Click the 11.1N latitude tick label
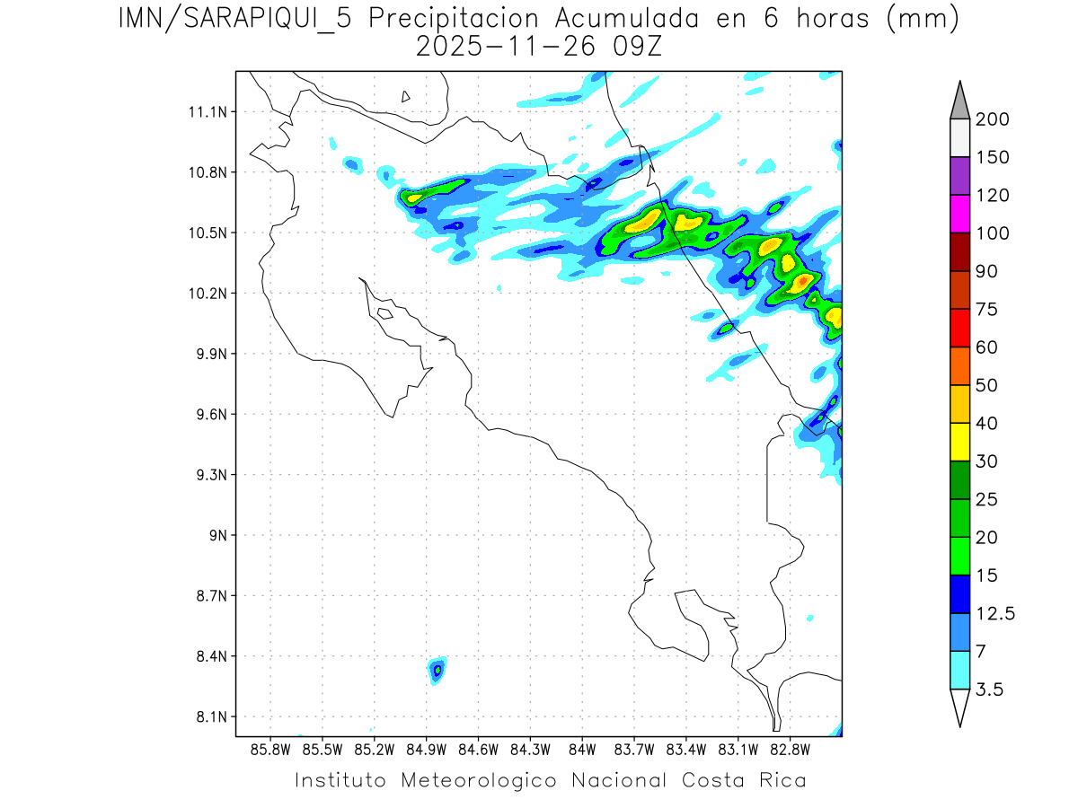coord(206,112)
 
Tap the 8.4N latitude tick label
coord(209,656)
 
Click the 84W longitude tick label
coord(582,749)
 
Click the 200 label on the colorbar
coord(992,119)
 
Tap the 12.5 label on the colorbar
coord(995,613)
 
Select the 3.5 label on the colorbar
coord(991,689)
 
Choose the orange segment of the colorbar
coord(959,365)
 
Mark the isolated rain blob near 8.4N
coord(437,669)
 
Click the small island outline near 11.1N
coord(406,96)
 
